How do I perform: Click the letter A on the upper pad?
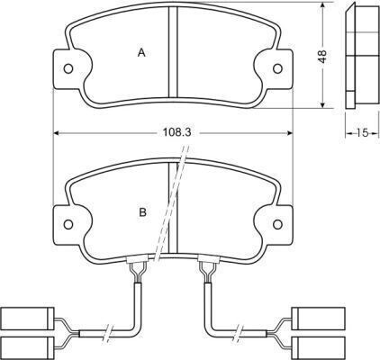click(x=141, y=53)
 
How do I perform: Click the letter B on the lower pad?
click(x=142, y=212)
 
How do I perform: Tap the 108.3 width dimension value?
click(x=174, y=133)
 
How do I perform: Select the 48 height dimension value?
click(x=321, y=56)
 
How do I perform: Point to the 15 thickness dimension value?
click(x=362, y=133)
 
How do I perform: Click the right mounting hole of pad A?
click(x=278, y=68)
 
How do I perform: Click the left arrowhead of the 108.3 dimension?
click(x=59, y=133)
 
